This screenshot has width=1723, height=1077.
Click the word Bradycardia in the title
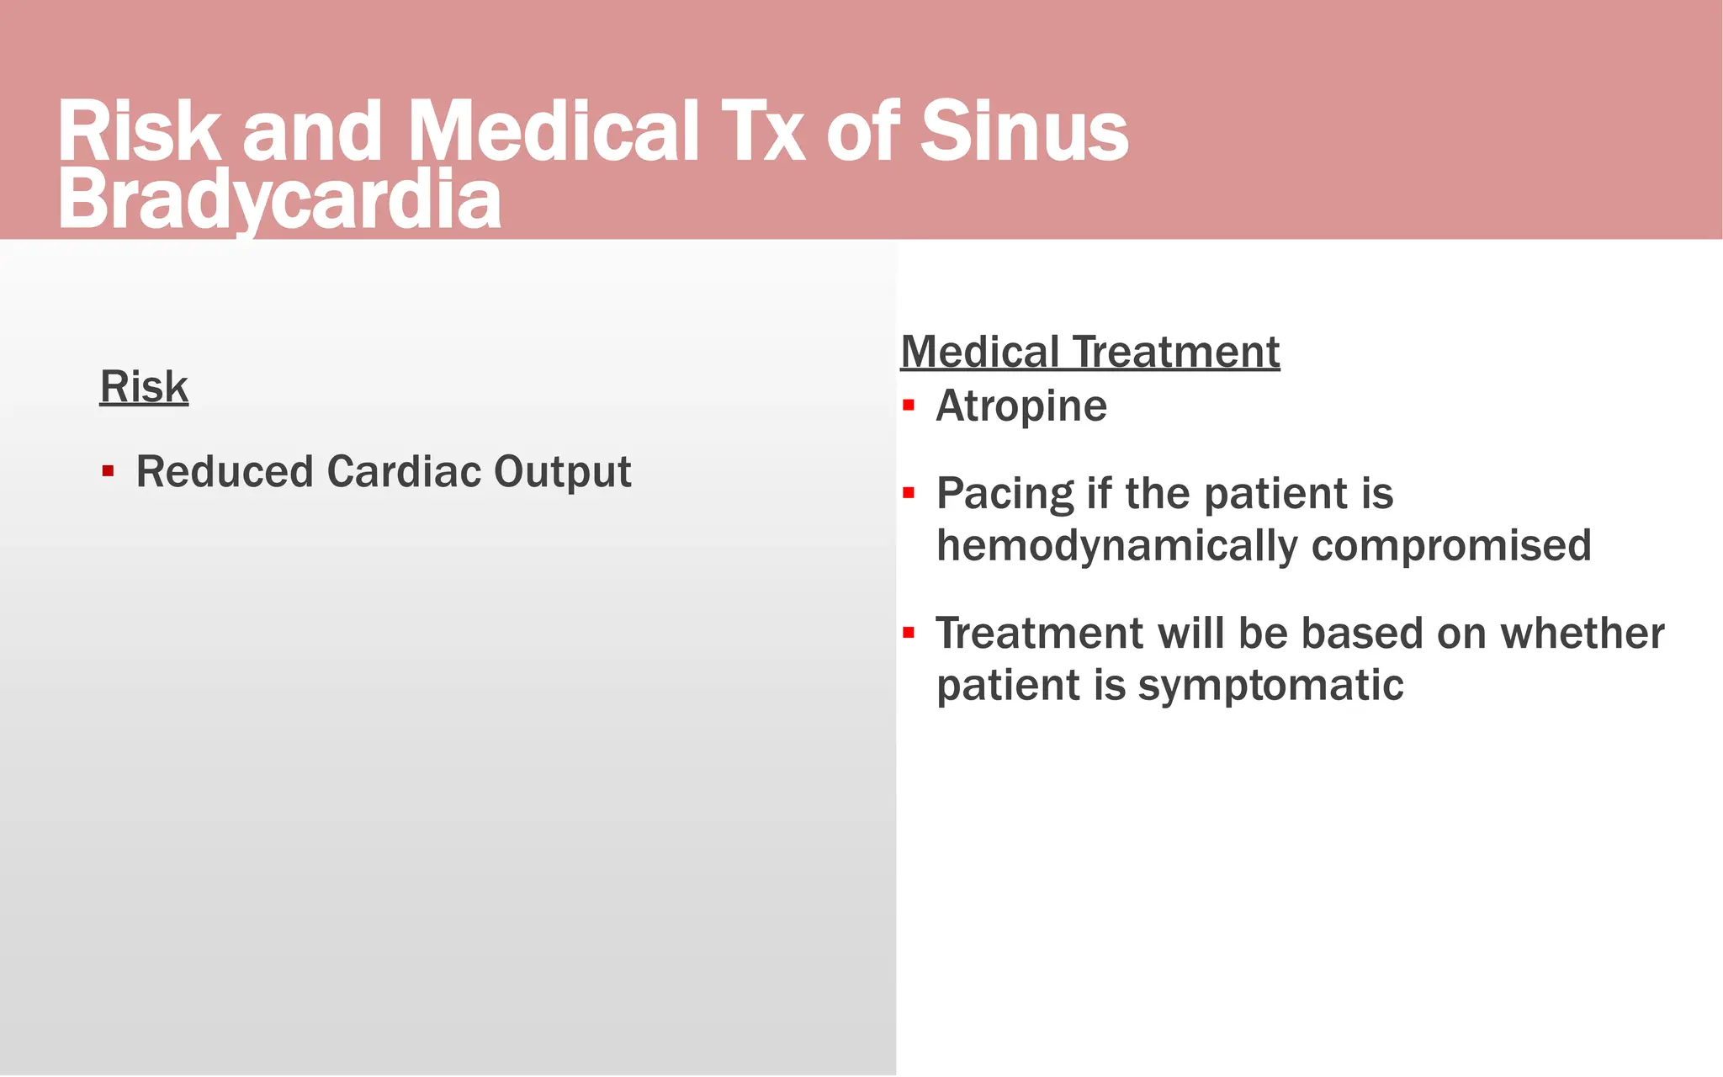pos(279,200)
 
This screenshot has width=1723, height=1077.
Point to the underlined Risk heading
pos(144,387)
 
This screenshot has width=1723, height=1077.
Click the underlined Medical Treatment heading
pos(1089,352)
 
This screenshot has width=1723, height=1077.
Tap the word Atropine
pos(1021,406)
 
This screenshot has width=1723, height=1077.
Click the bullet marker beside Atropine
pos(908,406)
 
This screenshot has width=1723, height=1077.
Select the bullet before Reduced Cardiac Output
pos(108,471)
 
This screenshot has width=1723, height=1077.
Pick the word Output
pos(562,472)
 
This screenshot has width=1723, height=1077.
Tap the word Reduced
pos(225,471)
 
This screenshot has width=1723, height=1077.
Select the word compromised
pos(1451,546)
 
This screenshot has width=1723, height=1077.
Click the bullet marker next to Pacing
pos(908,493)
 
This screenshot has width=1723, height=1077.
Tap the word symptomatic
pos(1270,686)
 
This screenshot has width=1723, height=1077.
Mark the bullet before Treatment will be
pos(908,633)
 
